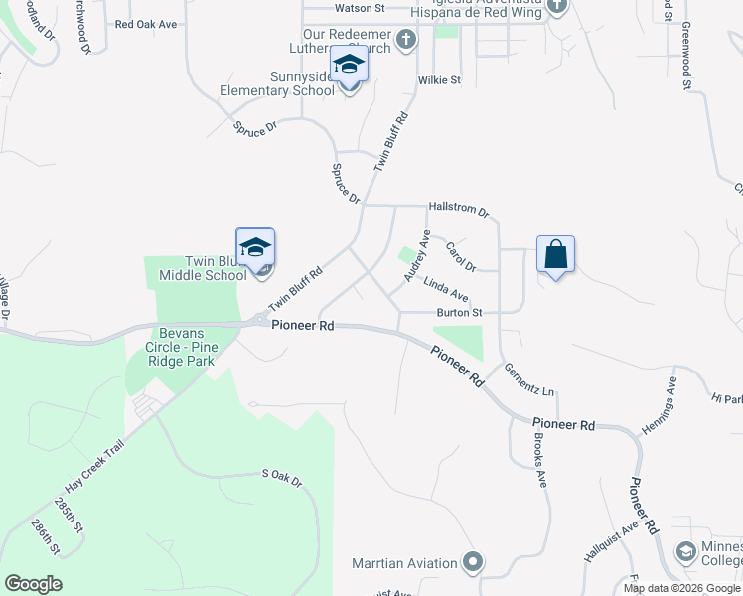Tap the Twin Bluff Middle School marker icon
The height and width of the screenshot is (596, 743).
(x=255, y=248)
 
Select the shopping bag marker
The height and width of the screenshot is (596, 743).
(x=555, y=254)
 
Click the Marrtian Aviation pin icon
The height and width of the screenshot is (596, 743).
(x=473, y=563)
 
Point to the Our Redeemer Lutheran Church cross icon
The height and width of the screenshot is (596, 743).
(x=405, y=40)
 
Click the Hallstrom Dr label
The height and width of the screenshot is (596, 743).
(x=459, y=211)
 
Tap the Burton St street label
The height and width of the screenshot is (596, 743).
(x=460, y=312)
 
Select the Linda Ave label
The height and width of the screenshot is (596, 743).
(x=446, y=289)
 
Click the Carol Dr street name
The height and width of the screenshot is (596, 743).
(x=461, y=256)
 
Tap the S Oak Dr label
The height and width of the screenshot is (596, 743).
(x=281, y=478)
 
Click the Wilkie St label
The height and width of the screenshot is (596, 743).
(x=440, y=79)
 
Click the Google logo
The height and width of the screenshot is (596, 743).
(x=34, y=583)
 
